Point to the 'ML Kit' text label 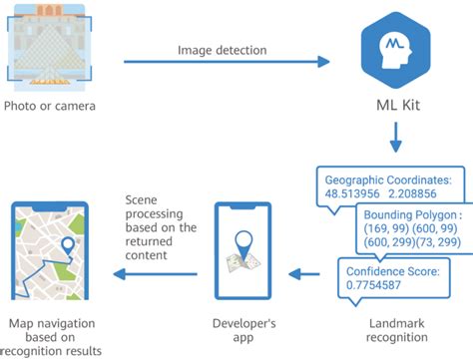397,107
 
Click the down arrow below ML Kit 397,136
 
